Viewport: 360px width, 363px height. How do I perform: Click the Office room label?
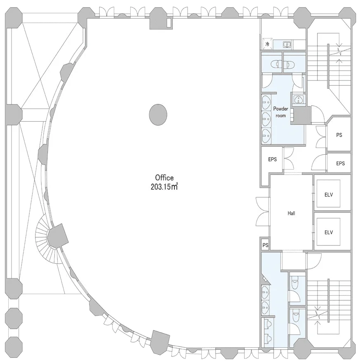(164, 178)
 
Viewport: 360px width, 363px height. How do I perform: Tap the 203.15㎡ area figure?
(164, 186)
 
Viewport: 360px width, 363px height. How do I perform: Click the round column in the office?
(158, 115)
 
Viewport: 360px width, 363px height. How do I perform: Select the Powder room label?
(281, 112)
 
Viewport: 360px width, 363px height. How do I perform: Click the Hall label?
(291, 213)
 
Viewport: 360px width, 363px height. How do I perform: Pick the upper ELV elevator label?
(329, 195)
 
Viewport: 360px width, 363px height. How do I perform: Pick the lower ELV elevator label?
(329, 232)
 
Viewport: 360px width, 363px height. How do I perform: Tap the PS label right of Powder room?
(339, 135)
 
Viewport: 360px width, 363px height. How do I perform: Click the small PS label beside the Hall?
(266, 245)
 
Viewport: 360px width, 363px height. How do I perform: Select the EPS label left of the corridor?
(272, 159)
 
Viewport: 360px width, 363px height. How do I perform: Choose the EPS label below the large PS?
(340, 163)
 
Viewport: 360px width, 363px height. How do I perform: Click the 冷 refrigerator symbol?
(267, 44)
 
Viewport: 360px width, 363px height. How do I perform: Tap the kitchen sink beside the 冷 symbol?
(287, 44)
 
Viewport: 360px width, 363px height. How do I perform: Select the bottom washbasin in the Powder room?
(266, 136)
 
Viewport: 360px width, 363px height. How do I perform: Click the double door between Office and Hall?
(263, 211)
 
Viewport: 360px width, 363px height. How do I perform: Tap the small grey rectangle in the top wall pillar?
(169, 22)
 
